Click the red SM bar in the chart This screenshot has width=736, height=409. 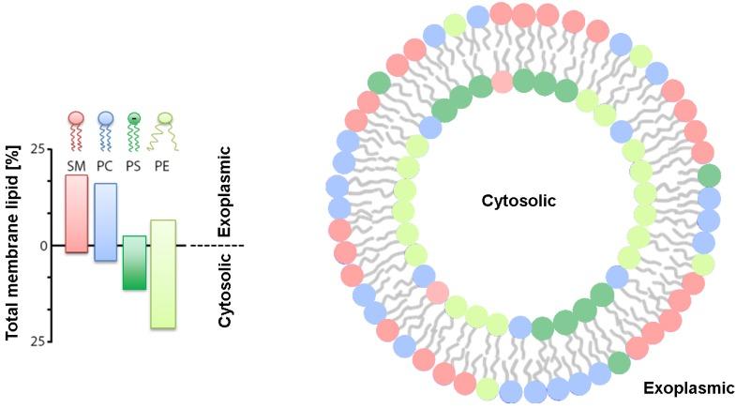[76, 214]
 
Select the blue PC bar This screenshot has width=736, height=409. [105, 221]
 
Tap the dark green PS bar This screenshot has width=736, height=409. [134, 263]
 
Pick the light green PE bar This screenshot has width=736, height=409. [163, 274]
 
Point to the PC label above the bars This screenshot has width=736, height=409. [105, 165]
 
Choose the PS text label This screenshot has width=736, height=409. [135, 165]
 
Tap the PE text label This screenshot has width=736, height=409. [164, 165]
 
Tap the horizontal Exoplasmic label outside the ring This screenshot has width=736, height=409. [689, 386]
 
